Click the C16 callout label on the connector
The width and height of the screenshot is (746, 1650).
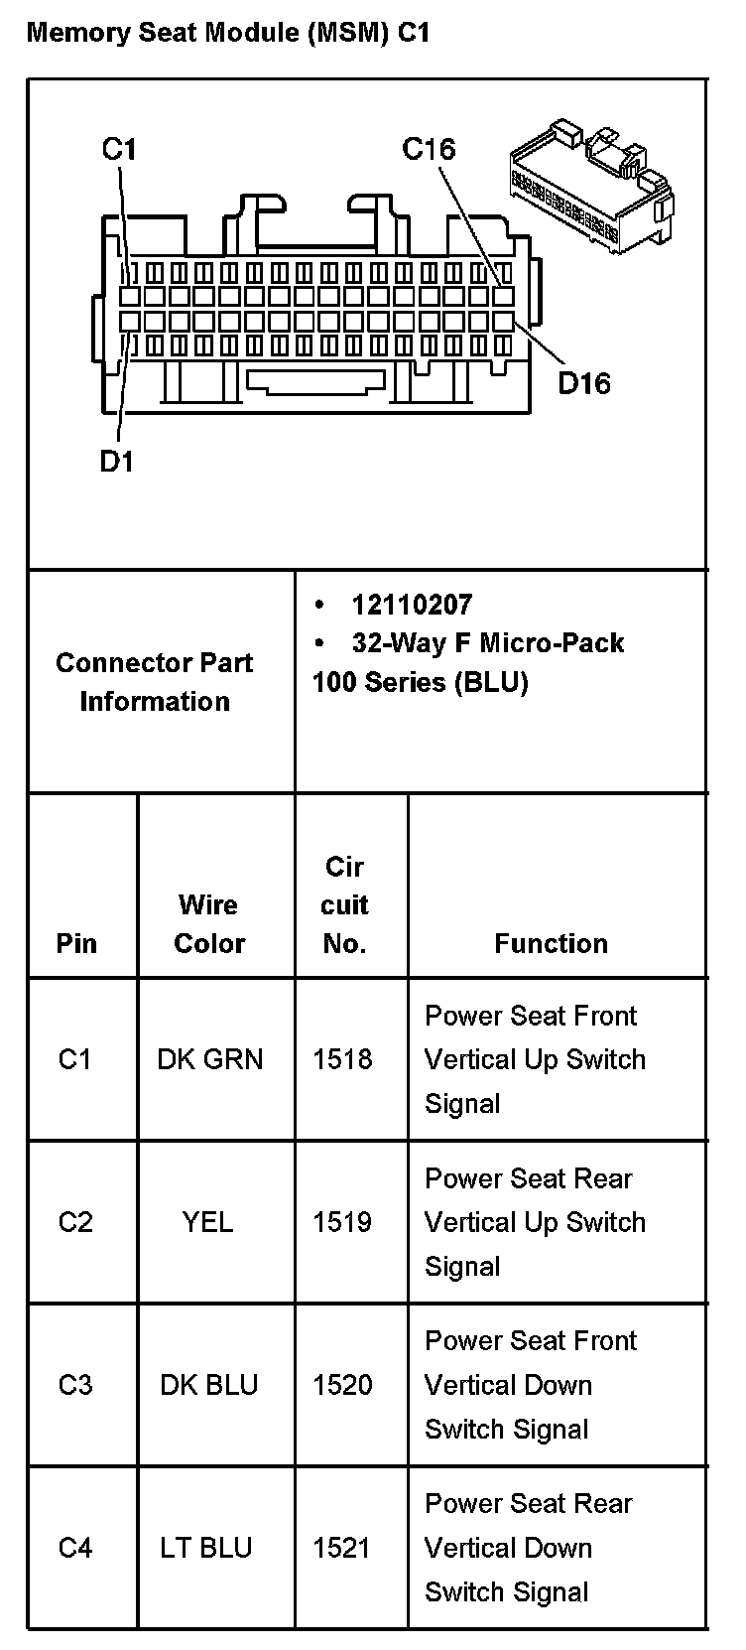pyautogui.click(x=429, y=149)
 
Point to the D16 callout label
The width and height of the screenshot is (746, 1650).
pyautogui.click(x=583, y=382)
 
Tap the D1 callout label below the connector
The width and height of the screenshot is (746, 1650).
pyautogui.click(x=116, y=461)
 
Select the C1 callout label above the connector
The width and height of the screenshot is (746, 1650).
pyautogui.click(x=119, y=149)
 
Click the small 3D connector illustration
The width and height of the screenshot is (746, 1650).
pyautogui.click(x=591, y=187)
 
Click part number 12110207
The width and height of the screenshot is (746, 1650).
pyautogui.click(x=412, y=605)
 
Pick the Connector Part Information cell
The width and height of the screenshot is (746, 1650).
pyautogui.click(x=155, y=682)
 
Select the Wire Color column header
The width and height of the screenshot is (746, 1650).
pyautogui.click(x=208, y=923)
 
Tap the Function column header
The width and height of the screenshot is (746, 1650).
pyautogui.click(x=551, y=943)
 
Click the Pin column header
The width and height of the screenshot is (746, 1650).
pyautogui.click(x=76, y=943)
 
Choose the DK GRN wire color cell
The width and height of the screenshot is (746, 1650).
pyautogui.click(x=210, y=1059)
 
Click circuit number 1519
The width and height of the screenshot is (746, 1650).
pyautogui.click(x=342, y=1222)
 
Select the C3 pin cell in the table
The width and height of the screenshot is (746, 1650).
pyautogui.click(x=75, y=1385)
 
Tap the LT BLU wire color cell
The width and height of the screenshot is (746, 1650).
pyautogui.click(x=206, y=1548)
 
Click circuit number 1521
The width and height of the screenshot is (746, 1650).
pyautogui.click(x=342, y=1548)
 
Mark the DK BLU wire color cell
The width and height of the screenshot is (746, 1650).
pyautogui.click(x=209, y=1385)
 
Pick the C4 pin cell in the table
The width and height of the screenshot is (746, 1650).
pyautogui.click(x=75, y=1548)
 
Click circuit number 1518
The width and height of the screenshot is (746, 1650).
pyautogui.click(x=342, y=1059)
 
